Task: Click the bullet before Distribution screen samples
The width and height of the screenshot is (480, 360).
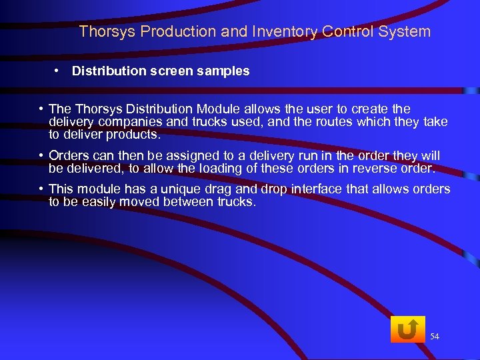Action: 59,70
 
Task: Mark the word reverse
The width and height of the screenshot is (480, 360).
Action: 372,168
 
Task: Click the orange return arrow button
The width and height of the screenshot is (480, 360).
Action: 407,329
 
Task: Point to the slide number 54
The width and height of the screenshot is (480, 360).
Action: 435,337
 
